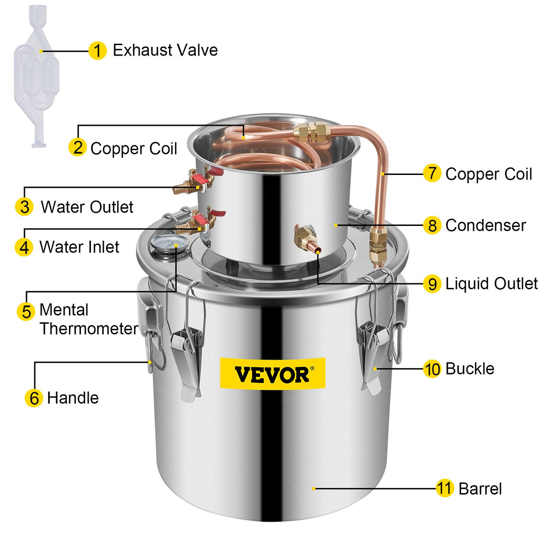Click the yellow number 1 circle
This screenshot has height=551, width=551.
coord(97,51)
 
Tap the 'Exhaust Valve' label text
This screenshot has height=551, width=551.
coord(165,50)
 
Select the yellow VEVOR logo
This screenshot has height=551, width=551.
coord(272,373)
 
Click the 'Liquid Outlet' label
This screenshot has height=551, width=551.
coord(491,284)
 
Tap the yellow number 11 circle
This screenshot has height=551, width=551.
coord(444,488)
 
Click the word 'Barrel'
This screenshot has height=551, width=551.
coord(480,489)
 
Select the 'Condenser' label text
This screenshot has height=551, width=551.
coord(485,225)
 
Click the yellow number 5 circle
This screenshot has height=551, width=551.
coord(26,311)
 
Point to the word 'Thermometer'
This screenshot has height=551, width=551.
coord(89,329)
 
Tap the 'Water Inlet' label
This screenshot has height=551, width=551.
coord(79,247)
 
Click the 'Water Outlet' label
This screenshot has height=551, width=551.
coord(87,207)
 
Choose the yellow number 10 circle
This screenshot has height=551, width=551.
coord(432,369)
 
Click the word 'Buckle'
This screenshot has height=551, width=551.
coord(470,369)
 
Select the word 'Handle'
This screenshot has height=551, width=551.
coord(73,398)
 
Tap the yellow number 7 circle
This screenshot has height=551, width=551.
coord(432,174)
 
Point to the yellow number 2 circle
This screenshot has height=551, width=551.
coord(78,147)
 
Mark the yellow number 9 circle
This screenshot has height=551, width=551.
coord(432,284)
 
